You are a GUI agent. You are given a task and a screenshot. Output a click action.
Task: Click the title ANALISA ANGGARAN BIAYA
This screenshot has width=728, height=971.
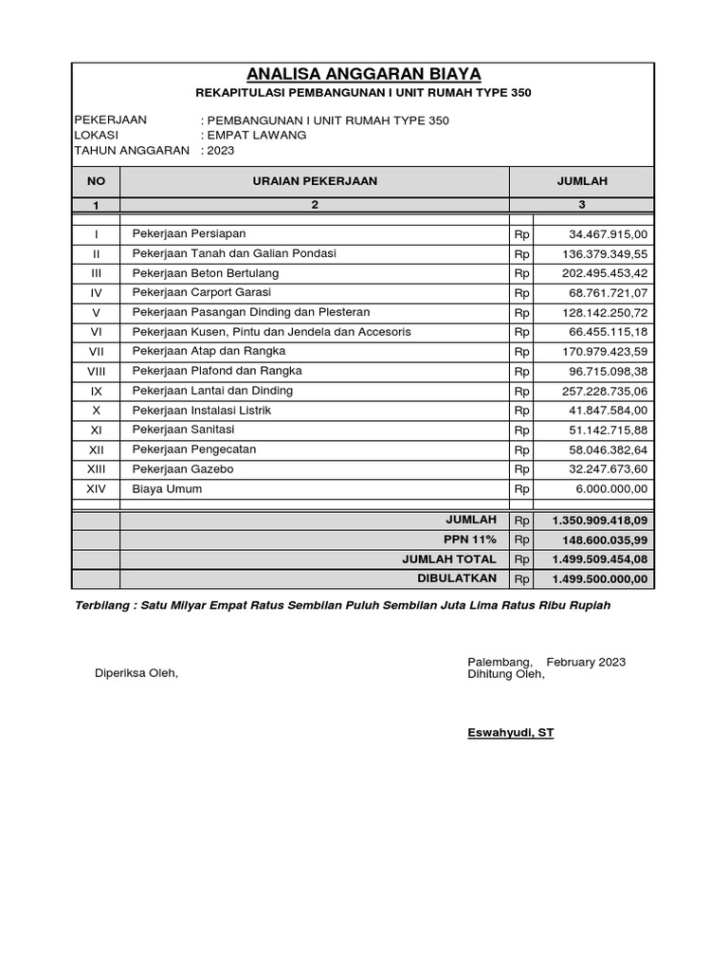(364, 74)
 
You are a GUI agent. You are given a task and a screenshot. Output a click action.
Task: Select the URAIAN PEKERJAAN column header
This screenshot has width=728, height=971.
(315, 180)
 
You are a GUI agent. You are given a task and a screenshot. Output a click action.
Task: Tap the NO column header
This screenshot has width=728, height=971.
(96, 180)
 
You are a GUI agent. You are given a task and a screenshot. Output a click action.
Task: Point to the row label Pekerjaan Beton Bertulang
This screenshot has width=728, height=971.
(205, 273)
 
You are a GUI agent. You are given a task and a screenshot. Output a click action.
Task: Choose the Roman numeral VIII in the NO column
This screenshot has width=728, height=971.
(96, 372)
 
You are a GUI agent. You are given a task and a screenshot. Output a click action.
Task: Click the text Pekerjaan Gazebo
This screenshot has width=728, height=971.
(182, 469)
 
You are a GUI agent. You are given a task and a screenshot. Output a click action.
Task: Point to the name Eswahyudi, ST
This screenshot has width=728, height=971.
(510, 733)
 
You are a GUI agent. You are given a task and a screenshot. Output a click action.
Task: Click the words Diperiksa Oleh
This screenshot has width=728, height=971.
(136, 673)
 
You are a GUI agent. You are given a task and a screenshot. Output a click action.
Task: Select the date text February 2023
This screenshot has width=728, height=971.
(586, 662)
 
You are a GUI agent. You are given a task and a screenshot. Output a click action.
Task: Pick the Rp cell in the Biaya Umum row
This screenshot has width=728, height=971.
(521, 489)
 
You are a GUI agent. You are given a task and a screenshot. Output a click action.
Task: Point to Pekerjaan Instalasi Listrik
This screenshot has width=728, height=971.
(202, 411)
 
